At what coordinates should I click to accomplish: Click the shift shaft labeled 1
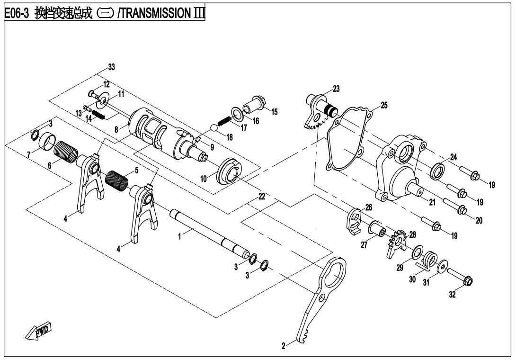pos(208,232)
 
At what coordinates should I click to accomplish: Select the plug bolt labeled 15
pos(256,103)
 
